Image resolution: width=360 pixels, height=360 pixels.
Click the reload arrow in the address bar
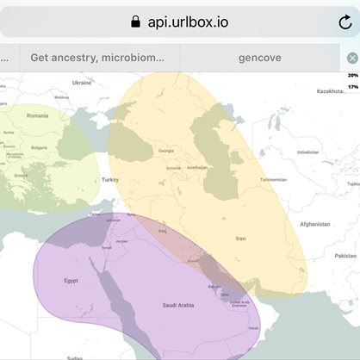[x=344, y=22]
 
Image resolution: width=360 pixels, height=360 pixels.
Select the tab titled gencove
[x=259, y=58]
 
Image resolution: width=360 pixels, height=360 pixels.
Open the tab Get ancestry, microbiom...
[x=97, y=58]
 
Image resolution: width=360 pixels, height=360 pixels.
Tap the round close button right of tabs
[x=352, y=58]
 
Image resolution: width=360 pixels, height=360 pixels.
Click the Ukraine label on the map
[x=82, y=83]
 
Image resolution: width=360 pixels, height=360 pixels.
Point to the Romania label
[x=37, y=115]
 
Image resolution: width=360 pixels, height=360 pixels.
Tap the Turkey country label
[x=109, y=179]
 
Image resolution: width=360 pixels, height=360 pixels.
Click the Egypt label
[x=71, y=280]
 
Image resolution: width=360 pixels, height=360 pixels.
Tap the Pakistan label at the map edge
[x=346, y=256]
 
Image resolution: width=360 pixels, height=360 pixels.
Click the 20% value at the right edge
[x=353, y=76]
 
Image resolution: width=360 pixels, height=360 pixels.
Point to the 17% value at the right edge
[x=353, y=87]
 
